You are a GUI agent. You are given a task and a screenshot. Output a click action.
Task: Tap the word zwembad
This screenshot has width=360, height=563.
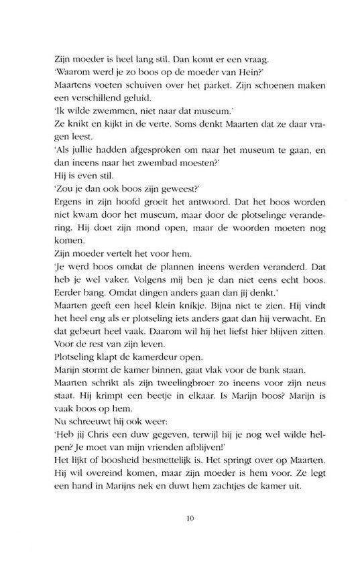click(x=189, y=162)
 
